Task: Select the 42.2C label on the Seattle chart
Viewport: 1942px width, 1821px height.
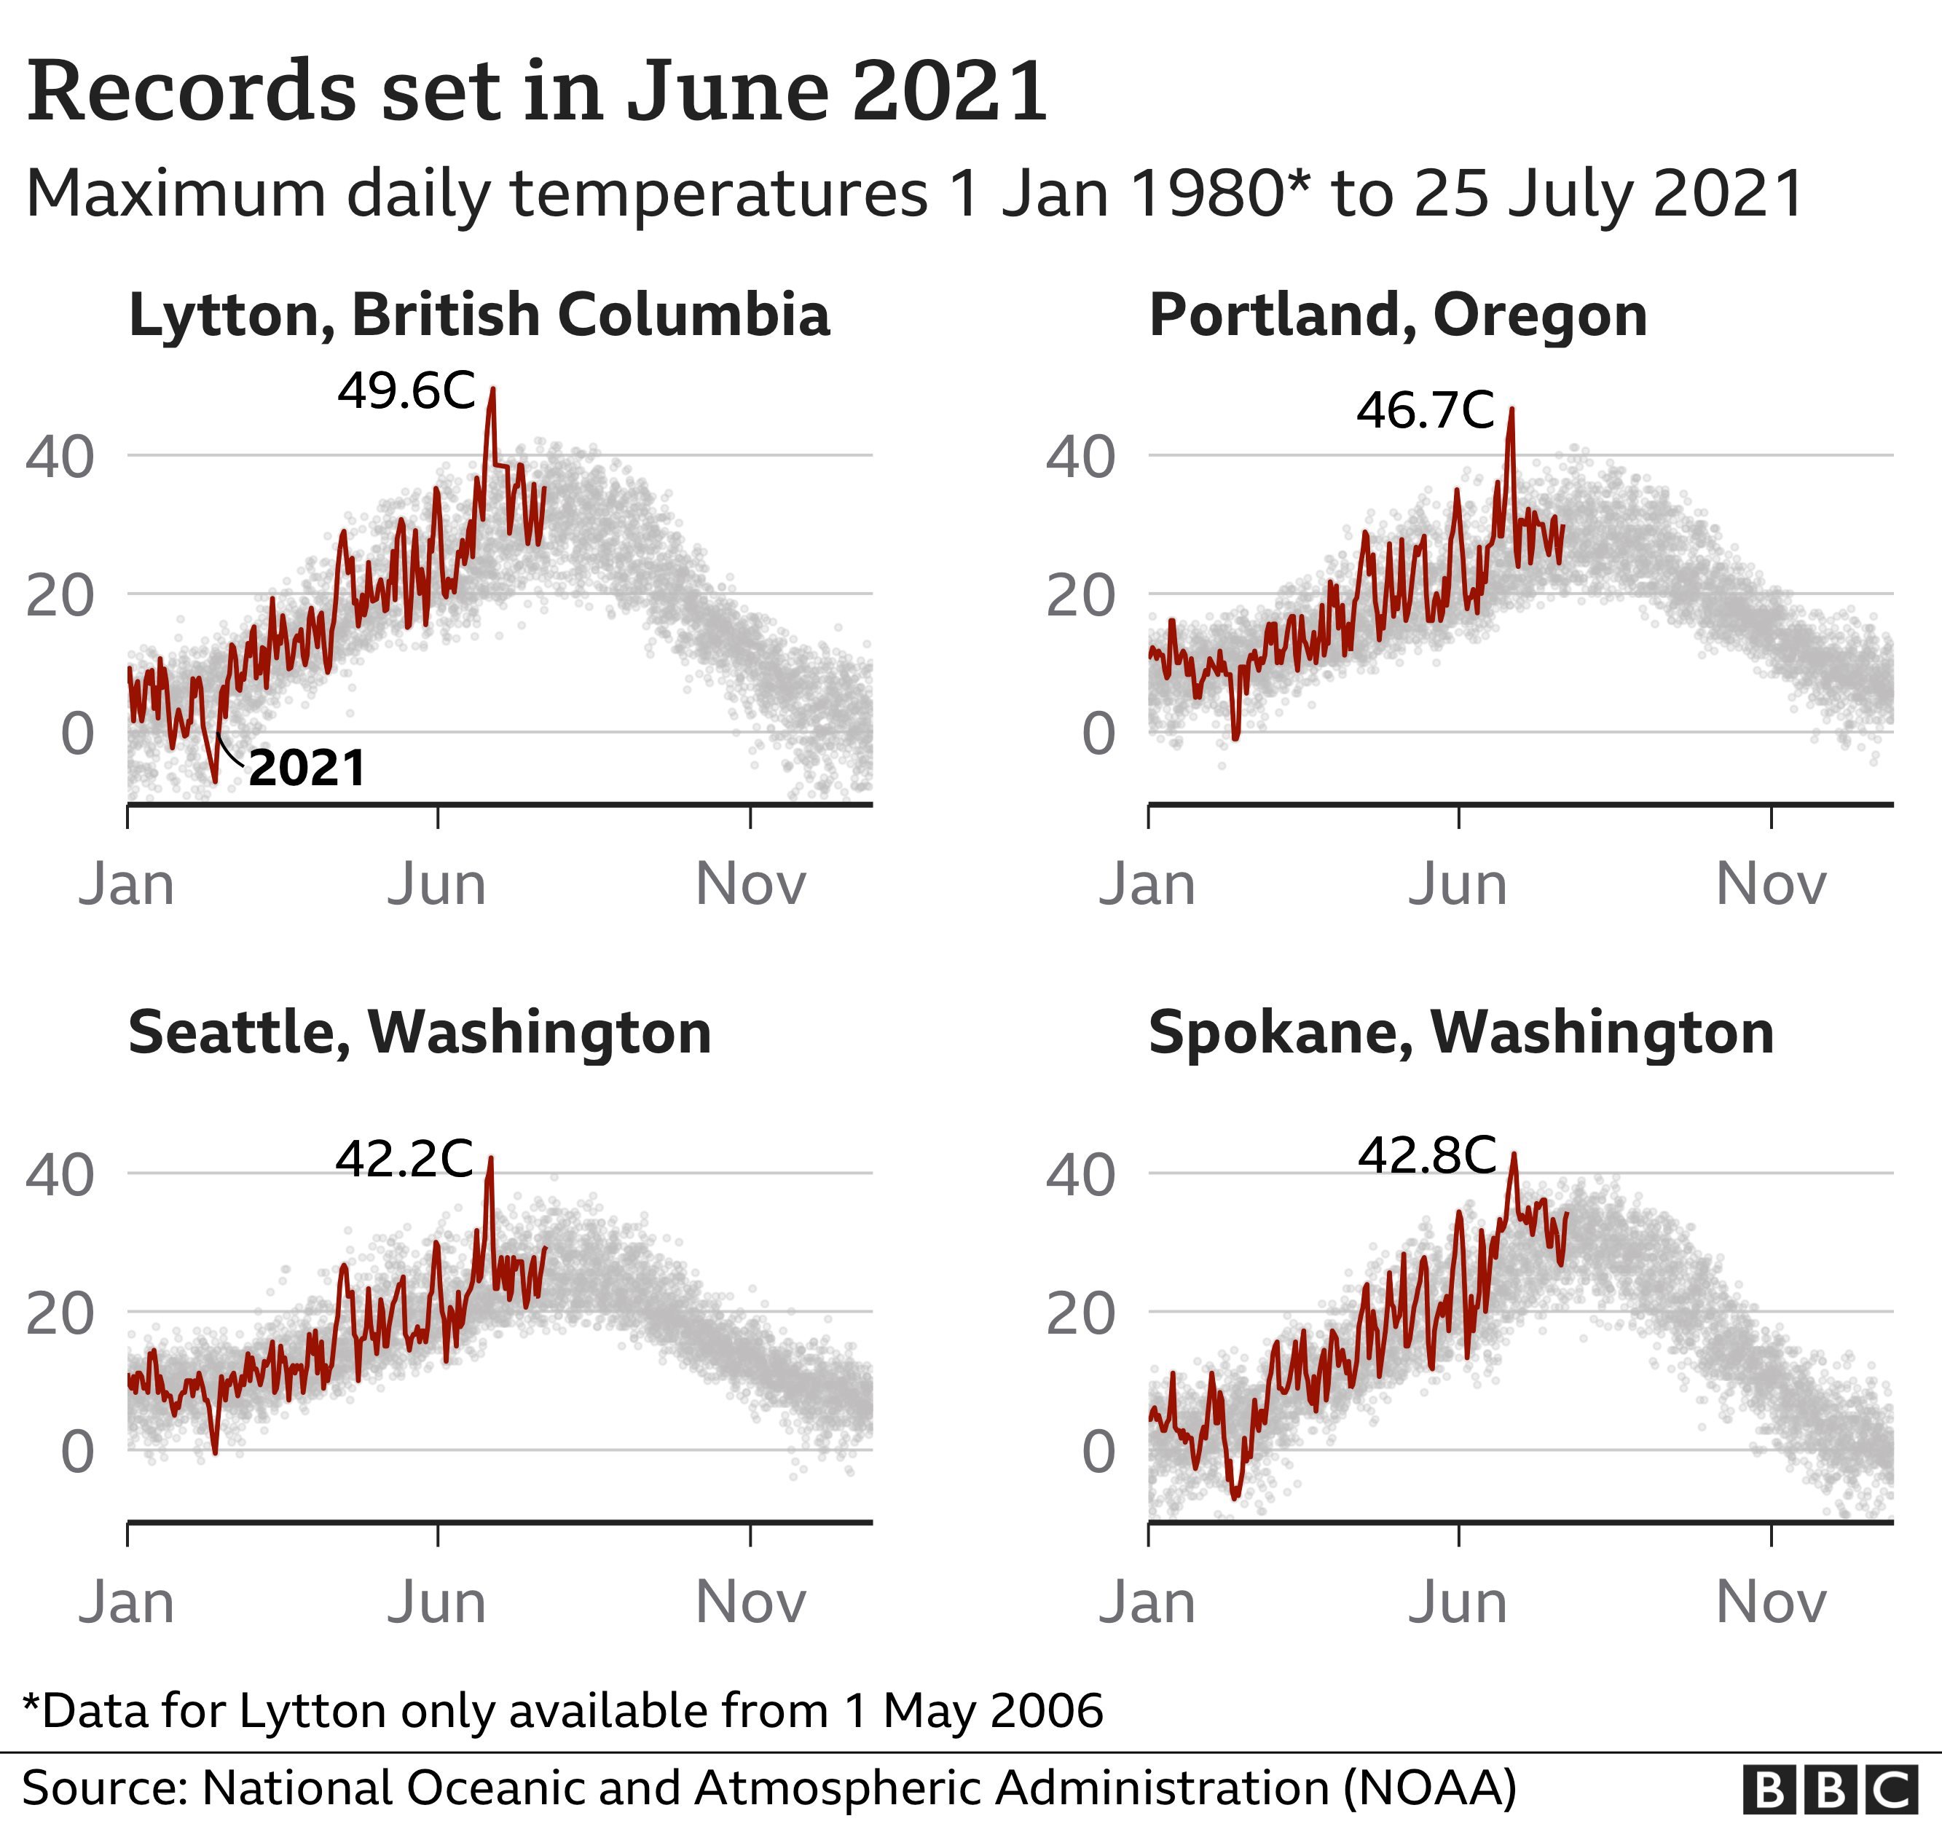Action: click(404, 1159)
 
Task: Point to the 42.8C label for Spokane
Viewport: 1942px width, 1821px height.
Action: click(1427, 1156)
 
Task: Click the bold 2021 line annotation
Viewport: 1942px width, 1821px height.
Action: click(307, 768)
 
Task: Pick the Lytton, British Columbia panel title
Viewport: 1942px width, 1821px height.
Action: click(479, 315)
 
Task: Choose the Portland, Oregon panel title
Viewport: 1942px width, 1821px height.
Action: click(1398, 315)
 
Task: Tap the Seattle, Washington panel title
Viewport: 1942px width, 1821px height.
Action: click(419, 1033)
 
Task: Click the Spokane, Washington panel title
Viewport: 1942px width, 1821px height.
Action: click(1461, 1033)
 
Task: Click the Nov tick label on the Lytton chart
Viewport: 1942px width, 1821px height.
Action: click(750, 885)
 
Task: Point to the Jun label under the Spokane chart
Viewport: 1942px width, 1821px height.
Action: click(1458, 1603)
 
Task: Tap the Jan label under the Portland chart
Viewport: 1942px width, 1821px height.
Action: click(1147, 885)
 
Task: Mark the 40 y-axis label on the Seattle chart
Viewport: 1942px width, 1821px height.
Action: click(60, 1174)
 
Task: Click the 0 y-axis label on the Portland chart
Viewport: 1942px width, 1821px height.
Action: click(1098, 733)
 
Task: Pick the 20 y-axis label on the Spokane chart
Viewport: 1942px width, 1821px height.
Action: click(1080, 1314)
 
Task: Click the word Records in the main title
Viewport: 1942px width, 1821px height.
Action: click(192, 91)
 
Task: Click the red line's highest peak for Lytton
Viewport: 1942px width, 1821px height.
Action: click(492, 390)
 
